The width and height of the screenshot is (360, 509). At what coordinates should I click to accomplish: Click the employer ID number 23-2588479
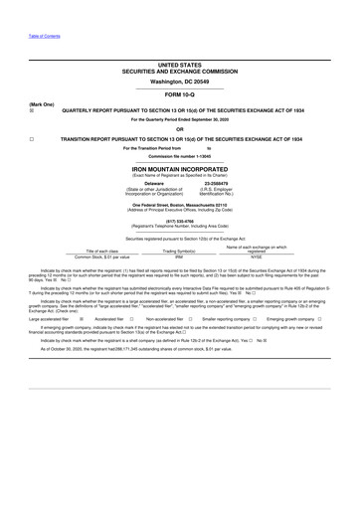pos(215,183)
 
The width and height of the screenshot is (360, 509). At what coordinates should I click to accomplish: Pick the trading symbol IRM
pos(179,257)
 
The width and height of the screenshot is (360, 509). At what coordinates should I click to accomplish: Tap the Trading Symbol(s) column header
pos(179,251)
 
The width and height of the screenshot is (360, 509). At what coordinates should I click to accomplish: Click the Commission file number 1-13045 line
pos(179,157)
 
